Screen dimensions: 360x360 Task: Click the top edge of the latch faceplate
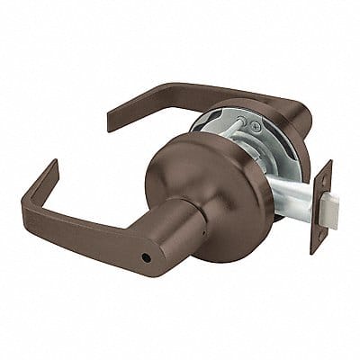326,163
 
